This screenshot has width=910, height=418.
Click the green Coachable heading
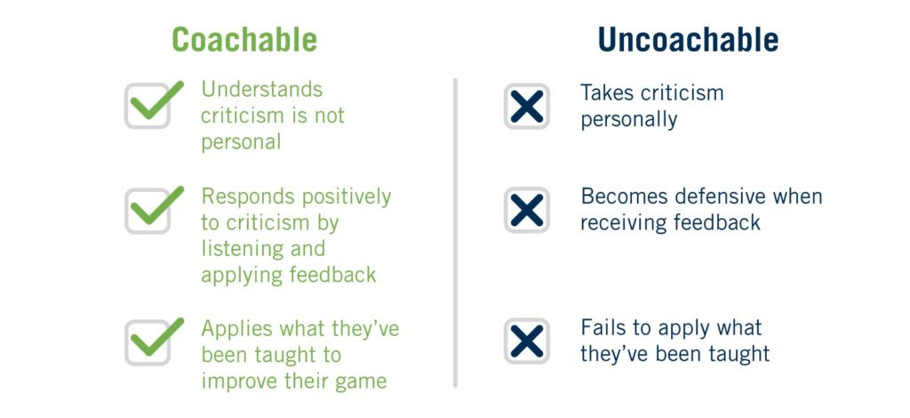(x=244, y=40)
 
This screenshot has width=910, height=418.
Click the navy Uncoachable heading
(x=688, y=40)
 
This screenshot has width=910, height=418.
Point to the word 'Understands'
(x=262, y=90)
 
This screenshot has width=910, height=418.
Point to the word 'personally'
(x=628, y=119)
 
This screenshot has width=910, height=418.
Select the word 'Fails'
(x=603, y=328)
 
